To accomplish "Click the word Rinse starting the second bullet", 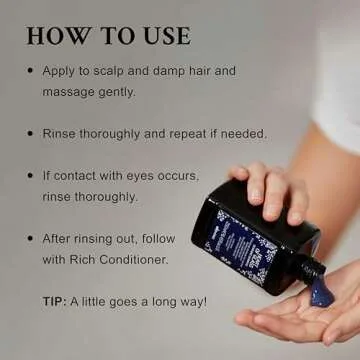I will click(x=62, y=132).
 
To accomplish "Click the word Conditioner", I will click(x=135, y=258).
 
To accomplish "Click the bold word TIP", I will click(x=53, y=301).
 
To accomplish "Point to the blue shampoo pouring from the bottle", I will click(x=320, y=291).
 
